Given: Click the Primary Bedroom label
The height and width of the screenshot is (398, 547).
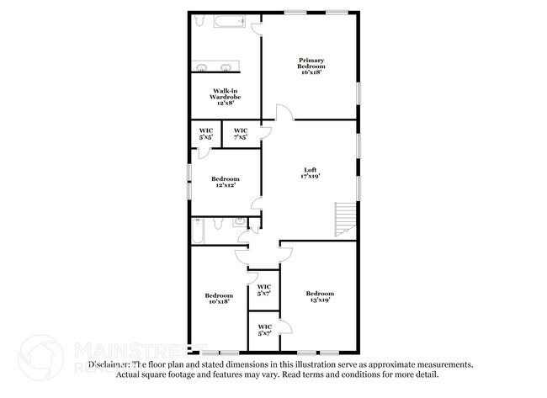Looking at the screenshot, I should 311,66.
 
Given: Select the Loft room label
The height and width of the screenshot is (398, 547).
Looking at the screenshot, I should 311,174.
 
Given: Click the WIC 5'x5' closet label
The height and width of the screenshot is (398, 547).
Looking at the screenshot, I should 205,133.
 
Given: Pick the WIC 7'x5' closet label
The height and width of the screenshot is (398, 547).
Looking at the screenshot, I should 241,133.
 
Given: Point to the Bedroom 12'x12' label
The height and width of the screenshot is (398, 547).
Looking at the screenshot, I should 226,182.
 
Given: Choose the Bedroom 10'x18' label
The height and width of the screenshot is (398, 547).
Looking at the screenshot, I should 219,298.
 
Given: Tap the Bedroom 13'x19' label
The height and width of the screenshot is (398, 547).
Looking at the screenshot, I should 320,296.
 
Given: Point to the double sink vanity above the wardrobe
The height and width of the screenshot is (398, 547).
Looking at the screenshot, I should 216,67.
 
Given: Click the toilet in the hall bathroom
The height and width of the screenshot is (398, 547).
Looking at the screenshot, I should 217,224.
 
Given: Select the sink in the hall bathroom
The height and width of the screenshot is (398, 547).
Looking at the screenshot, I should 238,223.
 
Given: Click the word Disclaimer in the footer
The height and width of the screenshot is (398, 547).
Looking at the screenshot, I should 109,365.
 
